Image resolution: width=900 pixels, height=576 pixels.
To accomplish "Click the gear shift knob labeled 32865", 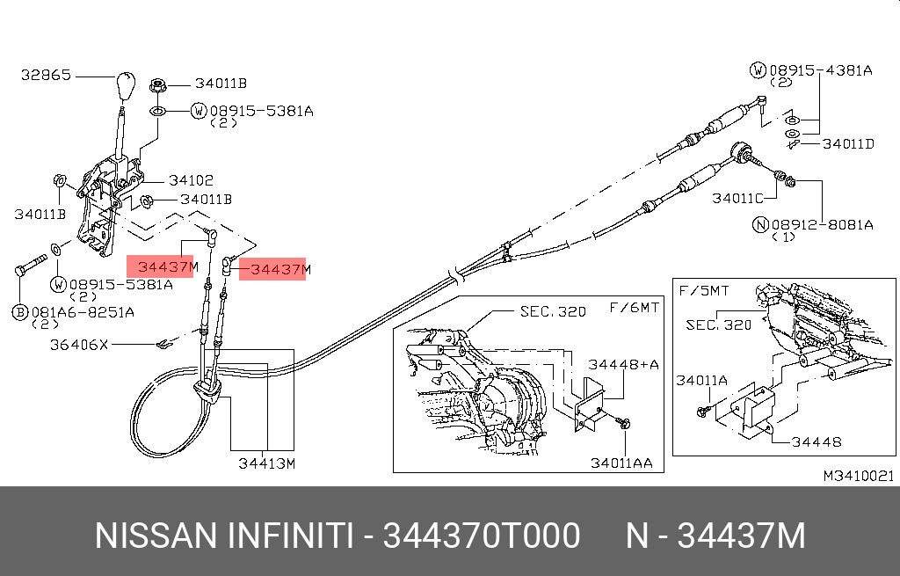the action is [125, 85].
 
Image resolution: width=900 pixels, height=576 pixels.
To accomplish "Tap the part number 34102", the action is [191, 180].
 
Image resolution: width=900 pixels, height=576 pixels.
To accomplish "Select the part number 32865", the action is [46, 75].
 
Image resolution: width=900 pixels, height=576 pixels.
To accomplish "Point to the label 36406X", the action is [78, 345].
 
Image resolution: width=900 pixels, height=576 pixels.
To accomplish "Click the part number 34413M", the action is [267, 463].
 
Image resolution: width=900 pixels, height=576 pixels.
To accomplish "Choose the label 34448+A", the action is [623, 364].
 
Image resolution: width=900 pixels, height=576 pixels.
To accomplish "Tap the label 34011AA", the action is [621, 463].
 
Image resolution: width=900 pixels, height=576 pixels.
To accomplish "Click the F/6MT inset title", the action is [634, 308].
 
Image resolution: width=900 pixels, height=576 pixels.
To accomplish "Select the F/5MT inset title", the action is [704, 290].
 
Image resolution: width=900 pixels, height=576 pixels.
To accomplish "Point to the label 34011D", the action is [848, 143].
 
